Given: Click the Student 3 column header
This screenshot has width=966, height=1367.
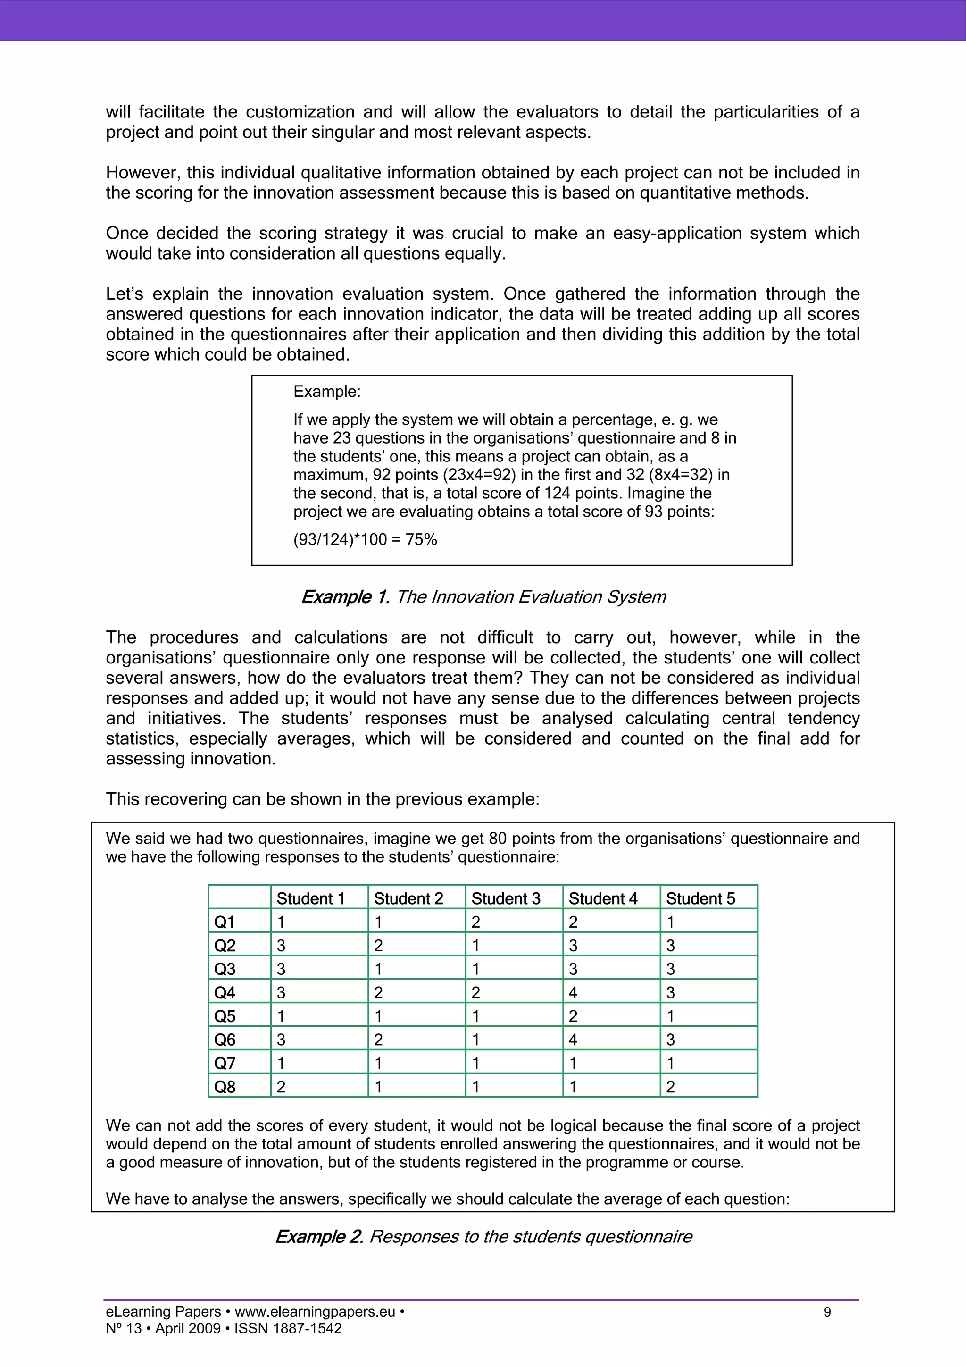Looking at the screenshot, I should [505, 898].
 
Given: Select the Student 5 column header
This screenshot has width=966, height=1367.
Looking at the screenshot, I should [700, 898].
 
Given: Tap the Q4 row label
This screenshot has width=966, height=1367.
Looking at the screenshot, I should [225, 992].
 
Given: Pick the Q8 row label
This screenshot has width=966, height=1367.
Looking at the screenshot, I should [225, 1087].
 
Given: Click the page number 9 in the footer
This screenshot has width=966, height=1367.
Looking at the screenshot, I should [827, 1312].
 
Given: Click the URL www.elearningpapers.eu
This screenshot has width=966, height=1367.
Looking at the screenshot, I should [315, 1312].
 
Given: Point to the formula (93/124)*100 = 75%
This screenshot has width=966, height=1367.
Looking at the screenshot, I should [365, 539].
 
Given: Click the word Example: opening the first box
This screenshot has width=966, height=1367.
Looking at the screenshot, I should [327, 392].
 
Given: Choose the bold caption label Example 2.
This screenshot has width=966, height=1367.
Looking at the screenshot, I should [319, 1237].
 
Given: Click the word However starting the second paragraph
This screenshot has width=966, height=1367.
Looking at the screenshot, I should [142, 173].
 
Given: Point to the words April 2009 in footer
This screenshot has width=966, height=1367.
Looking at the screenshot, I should [187, 1328].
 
